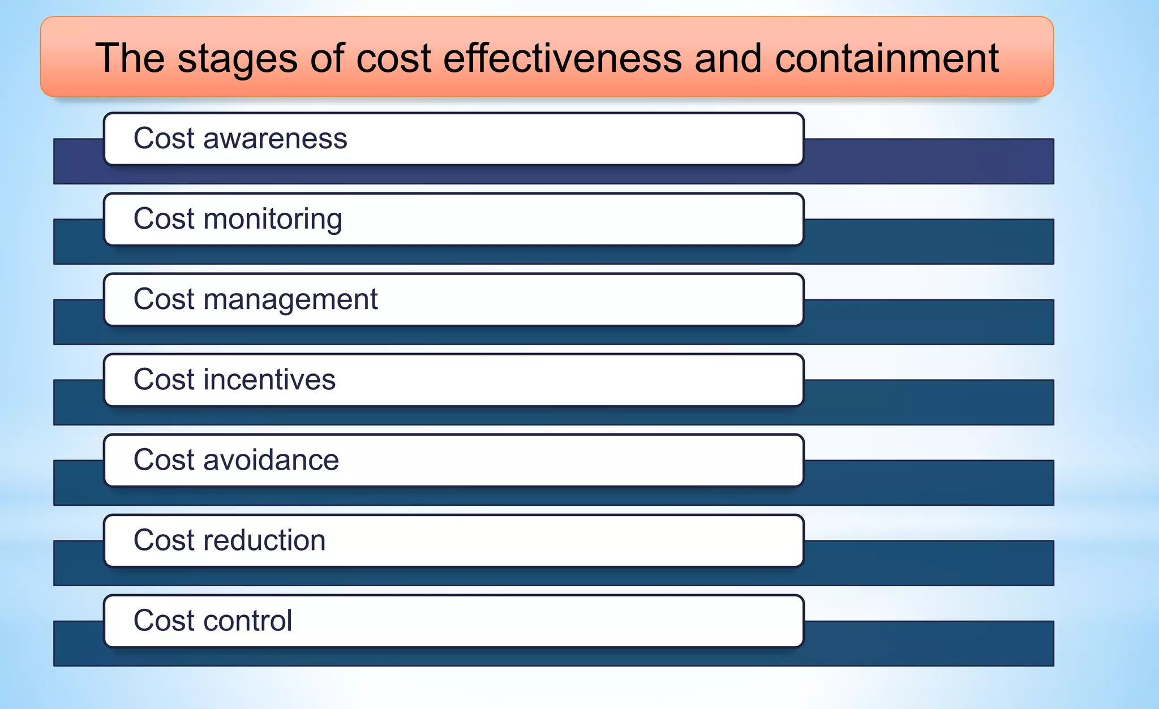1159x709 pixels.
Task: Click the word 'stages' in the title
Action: point(237,59)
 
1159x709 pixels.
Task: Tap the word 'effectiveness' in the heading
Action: point(563,58)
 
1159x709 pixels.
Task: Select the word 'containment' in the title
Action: point(887,58)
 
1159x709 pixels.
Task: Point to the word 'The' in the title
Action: point(130,58)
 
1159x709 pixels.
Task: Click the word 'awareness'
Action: point(275,139)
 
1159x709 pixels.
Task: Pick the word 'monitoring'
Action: point(273,220)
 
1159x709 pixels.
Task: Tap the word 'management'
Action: point(290,300)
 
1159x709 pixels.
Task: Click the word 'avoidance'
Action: point(271,460)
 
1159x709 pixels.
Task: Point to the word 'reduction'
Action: point(264,540)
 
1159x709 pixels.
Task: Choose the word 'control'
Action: point(248,621)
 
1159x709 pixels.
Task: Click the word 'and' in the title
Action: point(728,58)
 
